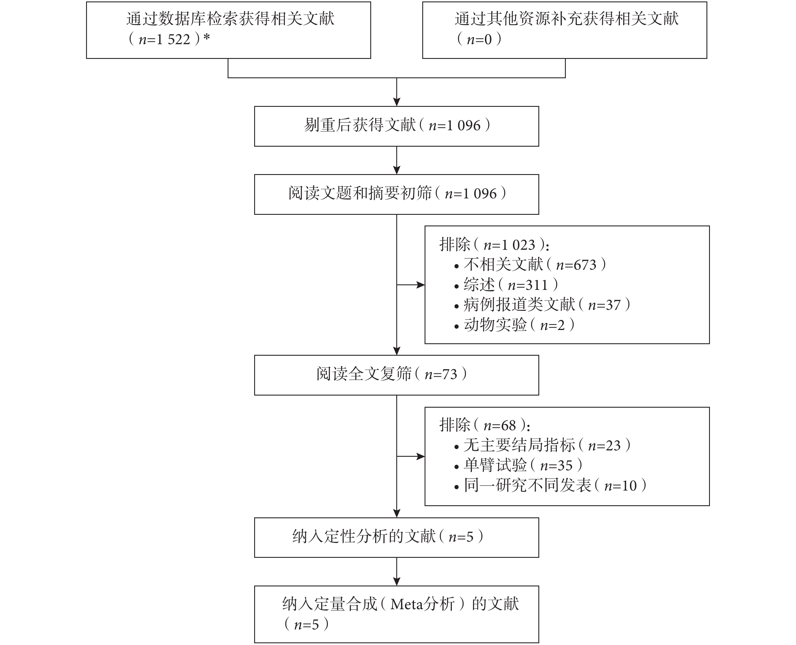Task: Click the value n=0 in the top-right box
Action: [x=479, y=39]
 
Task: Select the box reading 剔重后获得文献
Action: [x=397, y=126]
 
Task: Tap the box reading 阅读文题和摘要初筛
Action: [x=397, y=194]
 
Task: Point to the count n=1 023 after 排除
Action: [x=509, y=245]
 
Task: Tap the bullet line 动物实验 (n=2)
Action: [x=514, y=325]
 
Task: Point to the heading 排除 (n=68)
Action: [x=485, y=425]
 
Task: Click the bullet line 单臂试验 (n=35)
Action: [x=518, y=465]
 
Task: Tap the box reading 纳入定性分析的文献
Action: [x=397, y=537]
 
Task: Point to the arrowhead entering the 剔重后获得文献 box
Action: [x=397, y=102]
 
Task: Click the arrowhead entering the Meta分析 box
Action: [x=397, y=581]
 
